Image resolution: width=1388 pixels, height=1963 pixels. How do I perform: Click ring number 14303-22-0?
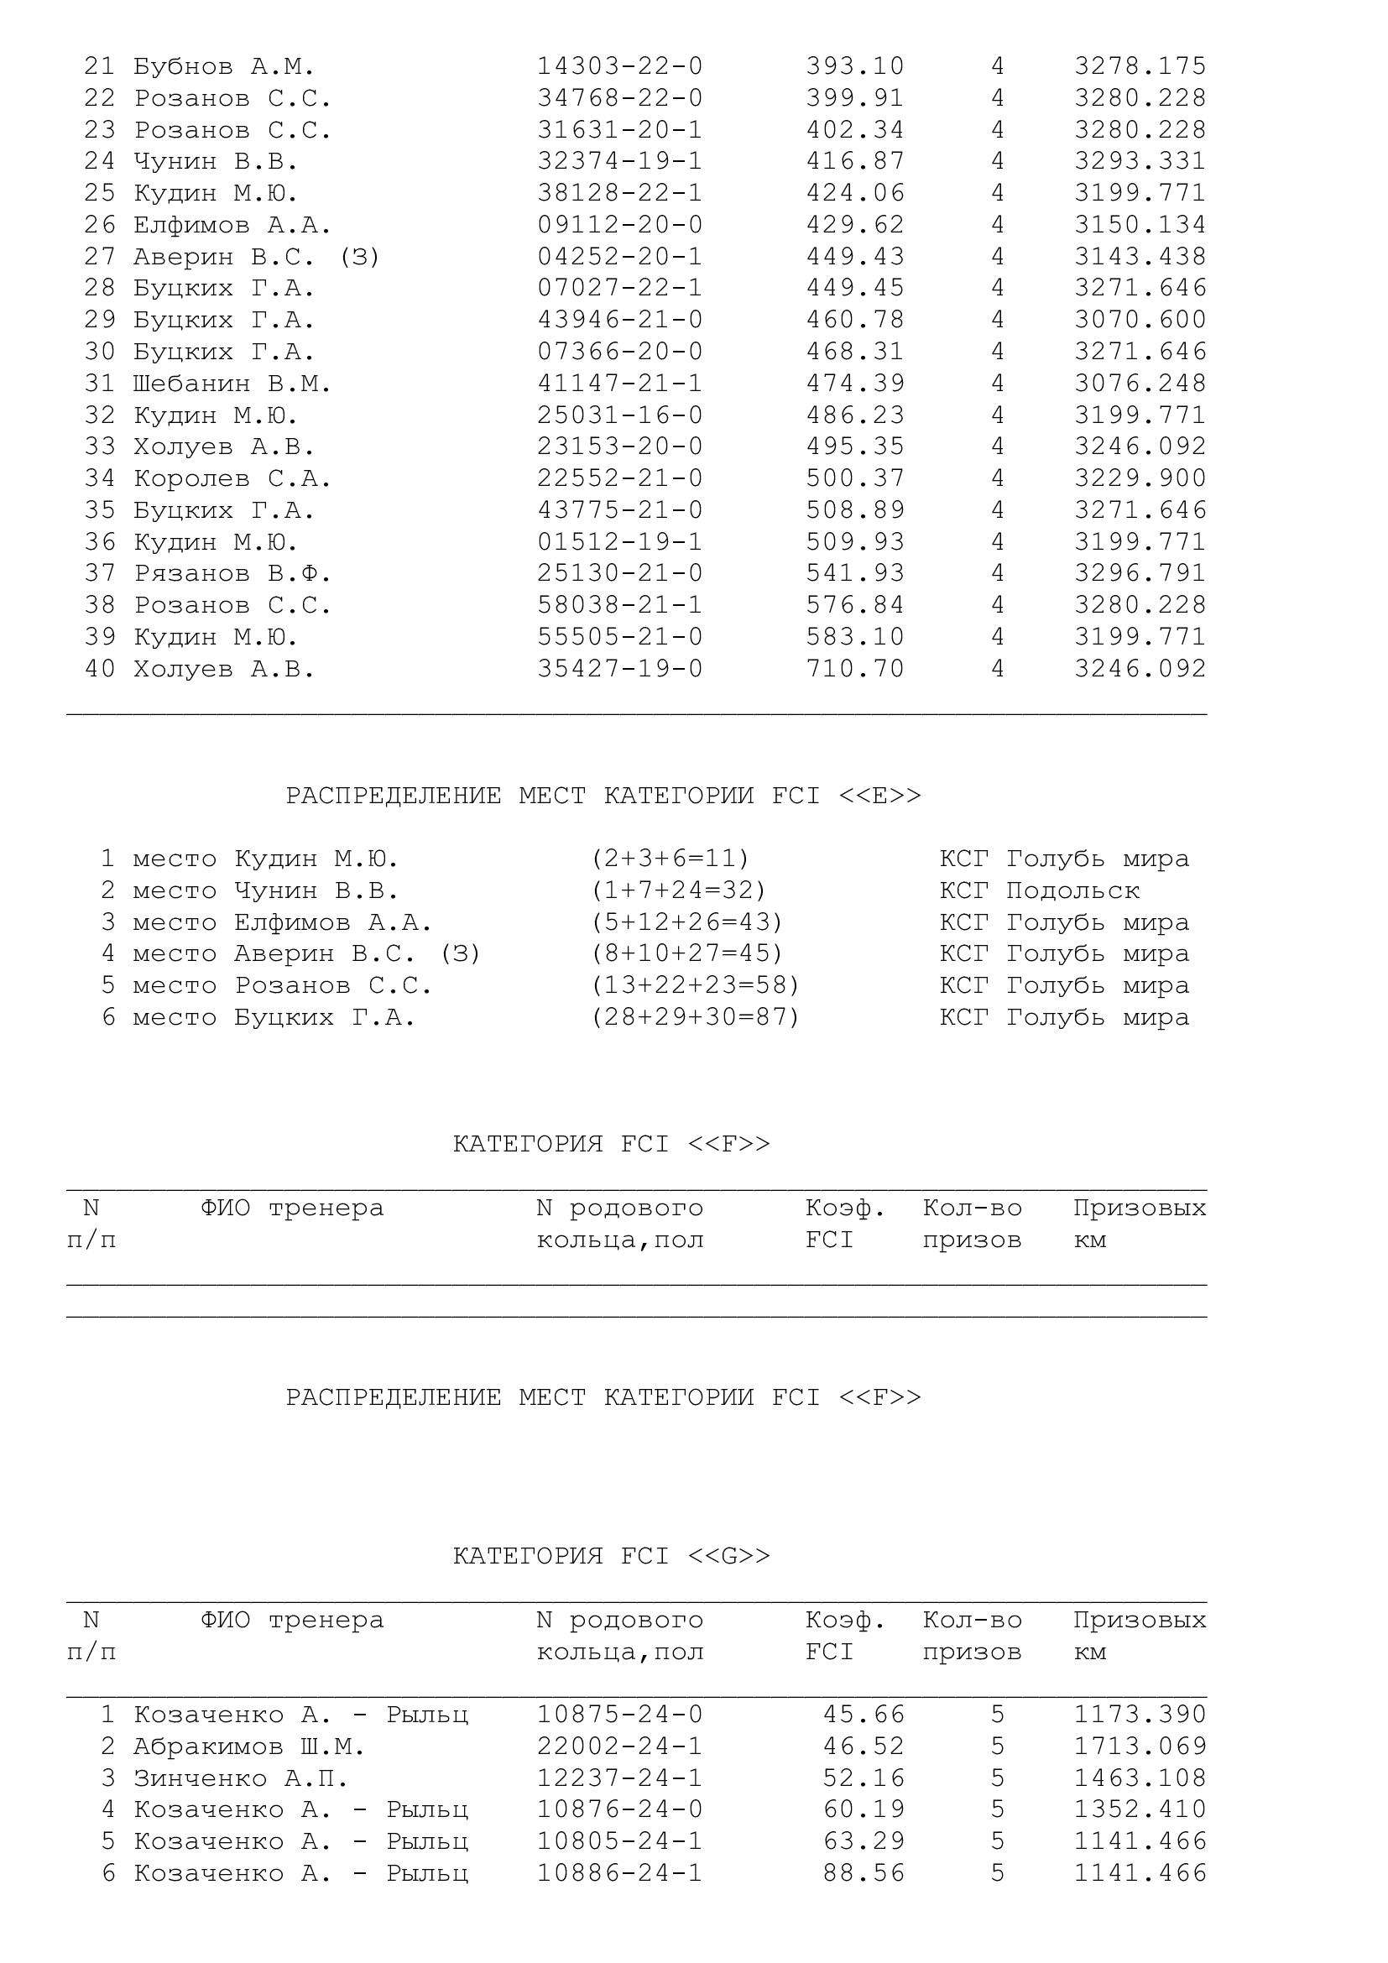(x=619, y=66)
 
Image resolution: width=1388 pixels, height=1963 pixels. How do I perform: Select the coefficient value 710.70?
(x=854, y=669)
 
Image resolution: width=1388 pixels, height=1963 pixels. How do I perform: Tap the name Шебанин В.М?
(x=232, y=384)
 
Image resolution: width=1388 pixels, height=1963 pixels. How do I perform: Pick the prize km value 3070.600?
(x=1140, y=320)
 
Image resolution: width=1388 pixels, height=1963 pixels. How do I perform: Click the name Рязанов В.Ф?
(x=232, y=574)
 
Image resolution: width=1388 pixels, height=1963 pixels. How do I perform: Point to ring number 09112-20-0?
(x=619, y=225)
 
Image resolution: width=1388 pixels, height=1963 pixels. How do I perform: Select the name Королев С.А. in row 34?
(x=232, y=478)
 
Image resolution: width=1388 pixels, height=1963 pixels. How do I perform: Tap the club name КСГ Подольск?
(x=1039, y=891)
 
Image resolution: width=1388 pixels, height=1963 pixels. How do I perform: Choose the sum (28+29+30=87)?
(x=696, y=1017)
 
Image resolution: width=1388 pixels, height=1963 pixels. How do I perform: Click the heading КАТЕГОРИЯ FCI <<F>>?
(x=611, y=1144)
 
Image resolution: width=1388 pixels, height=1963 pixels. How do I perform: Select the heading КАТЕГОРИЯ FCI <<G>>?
(x=611, y=1556)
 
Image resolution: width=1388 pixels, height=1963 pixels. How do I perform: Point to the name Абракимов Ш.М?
(x=248, y=1746)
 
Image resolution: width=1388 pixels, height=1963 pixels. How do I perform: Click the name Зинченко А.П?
(x=240, y=1778)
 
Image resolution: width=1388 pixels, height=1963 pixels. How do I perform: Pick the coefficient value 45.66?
(x=864, y=1715)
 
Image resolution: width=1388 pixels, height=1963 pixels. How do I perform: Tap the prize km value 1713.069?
(x=1140, y=1746)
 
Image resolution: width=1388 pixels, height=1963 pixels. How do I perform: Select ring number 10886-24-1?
(x=619, y=1873)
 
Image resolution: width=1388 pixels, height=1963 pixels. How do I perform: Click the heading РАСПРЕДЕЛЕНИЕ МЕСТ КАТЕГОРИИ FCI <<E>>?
(x=603, y=796)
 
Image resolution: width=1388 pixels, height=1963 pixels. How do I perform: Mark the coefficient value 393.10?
(x=854, y=66)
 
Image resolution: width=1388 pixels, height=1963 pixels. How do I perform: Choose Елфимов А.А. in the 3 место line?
(x=333, y=923)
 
